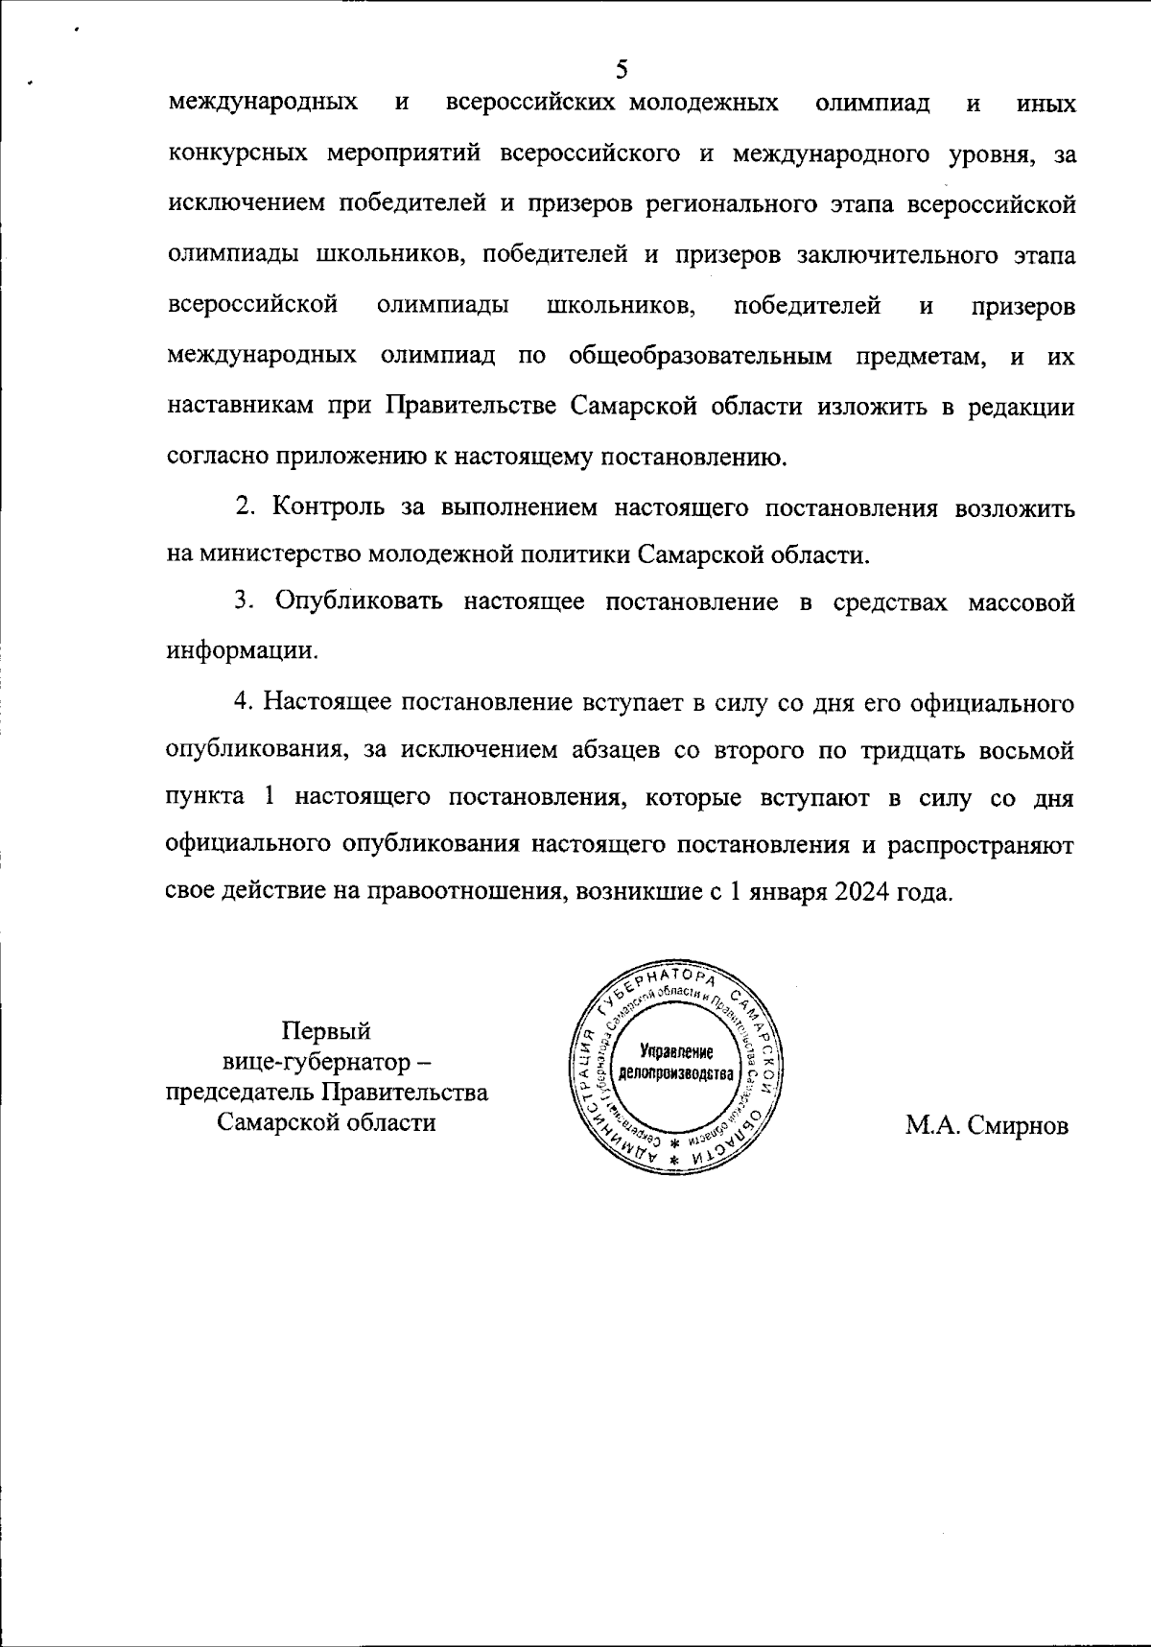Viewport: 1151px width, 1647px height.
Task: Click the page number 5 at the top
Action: point(622,69)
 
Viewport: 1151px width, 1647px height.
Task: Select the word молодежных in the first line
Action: point(703,103)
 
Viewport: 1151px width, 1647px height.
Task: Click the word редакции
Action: point(1020,407)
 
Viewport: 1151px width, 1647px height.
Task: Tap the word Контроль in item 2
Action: point(329,508)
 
